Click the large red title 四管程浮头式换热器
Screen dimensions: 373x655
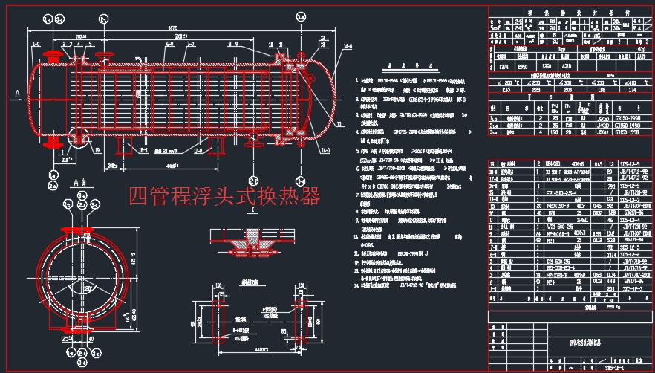pyautogui.click(x=224, y=196)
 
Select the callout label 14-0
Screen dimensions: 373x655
pyautogui.click(x=348, y=46)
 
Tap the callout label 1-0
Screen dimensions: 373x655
pyautogui.click(x=36, y=44)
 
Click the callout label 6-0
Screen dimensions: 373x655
pyautogui.click(x=170, y=44)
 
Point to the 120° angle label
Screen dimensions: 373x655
pyautogui.click(x=88, y=287)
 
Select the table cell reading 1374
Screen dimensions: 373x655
pyautogui.click(x=503, y=66)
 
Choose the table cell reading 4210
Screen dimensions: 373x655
pyautogui.click(x=567, y=66)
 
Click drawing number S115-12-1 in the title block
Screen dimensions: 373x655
pyautogui.click(x=613, y=366)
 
